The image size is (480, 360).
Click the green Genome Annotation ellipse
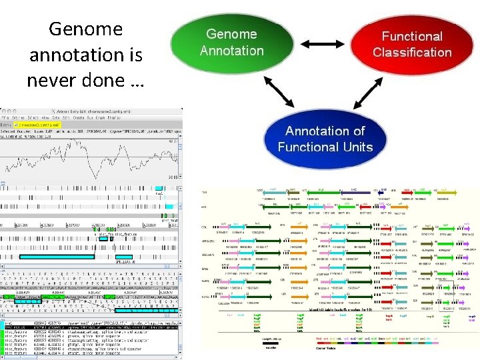click(x=231, y=43)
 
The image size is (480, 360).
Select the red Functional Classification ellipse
click(x=411, y=45)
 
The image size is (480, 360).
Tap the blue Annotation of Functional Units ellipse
click(x=325, y=139)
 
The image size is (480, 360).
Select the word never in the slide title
click(x=52, y=80)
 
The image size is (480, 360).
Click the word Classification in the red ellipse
click(x=412, y=53)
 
